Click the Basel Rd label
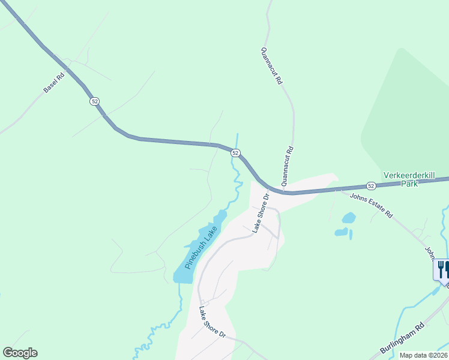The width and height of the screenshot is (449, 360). point(53,83)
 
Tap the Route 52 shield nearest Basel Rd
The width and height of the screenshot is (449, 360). point(95,101)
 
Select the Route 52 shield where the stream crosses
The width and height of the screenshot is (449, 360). point(235,154)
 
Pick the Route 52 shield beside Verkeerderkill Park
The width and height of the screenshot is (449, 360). point(372,187)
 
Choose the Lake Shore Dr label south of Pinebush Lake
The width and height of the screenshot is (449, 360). point(211,322)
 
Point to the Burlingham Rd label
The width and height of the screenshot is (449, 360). point(402,340)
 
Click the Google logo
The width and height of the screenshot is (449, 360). point(20,353)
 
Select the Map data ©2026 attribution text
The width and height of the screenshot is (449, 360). point(423,355)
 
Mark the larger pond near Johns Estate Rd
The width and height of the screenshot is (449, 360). point(348,218)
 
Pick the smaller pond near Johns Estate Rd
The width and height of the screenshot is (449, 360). point(342,232)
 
